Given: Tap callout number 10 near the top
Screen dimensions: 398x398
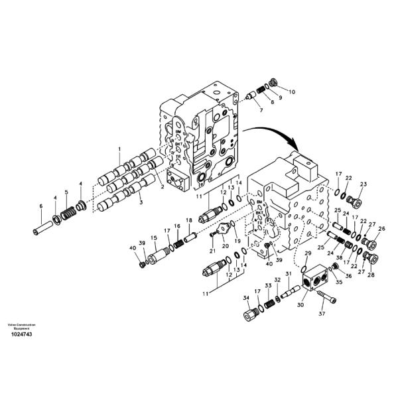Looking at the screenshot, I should pyautogui.click(x=293, y=91).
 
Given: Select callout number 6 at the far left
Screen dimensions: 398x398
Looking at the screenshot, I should pyautogui.click(x=40, y=206).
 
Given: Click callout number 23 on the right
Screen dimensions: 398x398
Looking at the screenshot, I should pyautogui.click(x=364, y=184).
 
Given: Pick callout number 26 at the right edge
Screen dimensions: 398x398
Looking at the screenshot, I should pyautogui.click(x=381, y=229).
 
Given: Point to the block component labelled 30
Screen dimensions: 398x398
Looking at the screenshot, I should pyautogui.click(x=317, y=281).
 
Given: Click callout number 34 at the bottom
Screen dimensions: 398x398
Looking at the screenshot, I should pyautogui.click(x=245, y=298).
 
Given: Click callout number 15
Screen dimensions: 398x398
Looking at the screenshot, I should pyautogui.click(x=153, y=237).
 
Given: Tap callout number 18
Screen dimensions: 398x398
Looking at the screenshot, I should pyautogui.click(x=188, y=220).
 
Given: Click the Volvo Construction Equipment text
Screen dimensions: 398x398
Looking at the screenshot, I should pyautogui.click(x=21, y=326).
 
